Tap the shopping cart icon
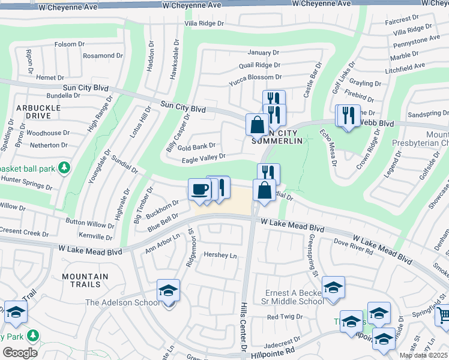click(x=442, y=314)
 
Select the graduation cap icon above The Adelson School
click(x=169, y=290)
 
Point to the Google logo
click(x=20, y=352)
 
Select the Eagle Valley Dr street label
click(x=203, y=157)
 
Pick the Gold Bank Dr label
click(x=196, y=146)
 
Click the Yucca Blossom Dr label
click(x=255, y=77)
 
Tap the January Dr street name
click(x=263, y=52)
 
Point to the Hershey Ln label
click(x=220, y=255)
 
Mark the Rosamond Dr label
click(x=103, y=56)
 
